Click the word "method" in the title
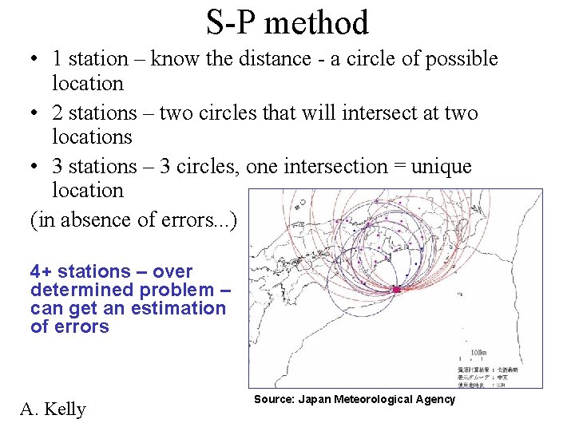(x=316, y=22)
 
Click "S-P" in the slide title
(x=232, y=22)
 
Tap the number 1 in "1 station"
(x=57, y=59)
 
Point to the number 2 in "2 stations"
(x=57, y=113)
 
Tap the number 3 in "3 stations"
(x=57, y=166)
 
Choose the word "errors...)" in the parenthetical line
(x=204, y=219)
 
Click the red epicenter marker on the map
(x=395, y=289)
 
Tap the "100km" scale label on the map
(x=478, y=351)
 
